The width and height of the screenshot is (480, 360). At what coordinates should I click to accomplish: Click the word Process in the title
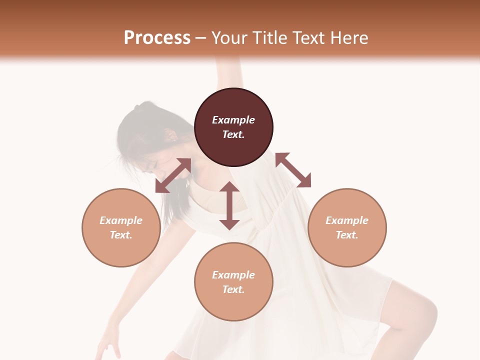coord(157,38)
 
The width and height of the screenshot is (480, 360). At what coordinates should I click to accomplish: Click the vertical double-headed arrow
coord(229,205)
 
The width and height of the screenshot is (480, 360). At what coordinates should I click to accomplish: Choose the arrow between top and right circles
coord(293,170)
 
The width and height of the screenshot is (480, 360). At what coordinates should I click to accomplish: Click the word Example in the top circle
coord(233,120)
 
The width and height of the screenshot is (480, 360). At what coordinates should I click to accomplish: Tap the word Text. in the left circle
coord(121,235)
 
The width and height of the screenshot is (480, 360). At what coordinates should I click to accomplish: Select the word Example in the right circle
coord(347,220)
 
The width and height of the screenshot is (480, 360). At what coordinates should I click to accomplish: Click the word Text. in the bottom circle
coord(233,289)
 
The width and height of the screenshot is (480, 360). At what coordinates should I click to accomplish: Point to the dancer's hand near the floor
coord(107,345)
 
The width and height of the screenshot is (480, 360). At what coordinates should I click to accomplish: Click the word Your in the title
coord(227,38)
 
